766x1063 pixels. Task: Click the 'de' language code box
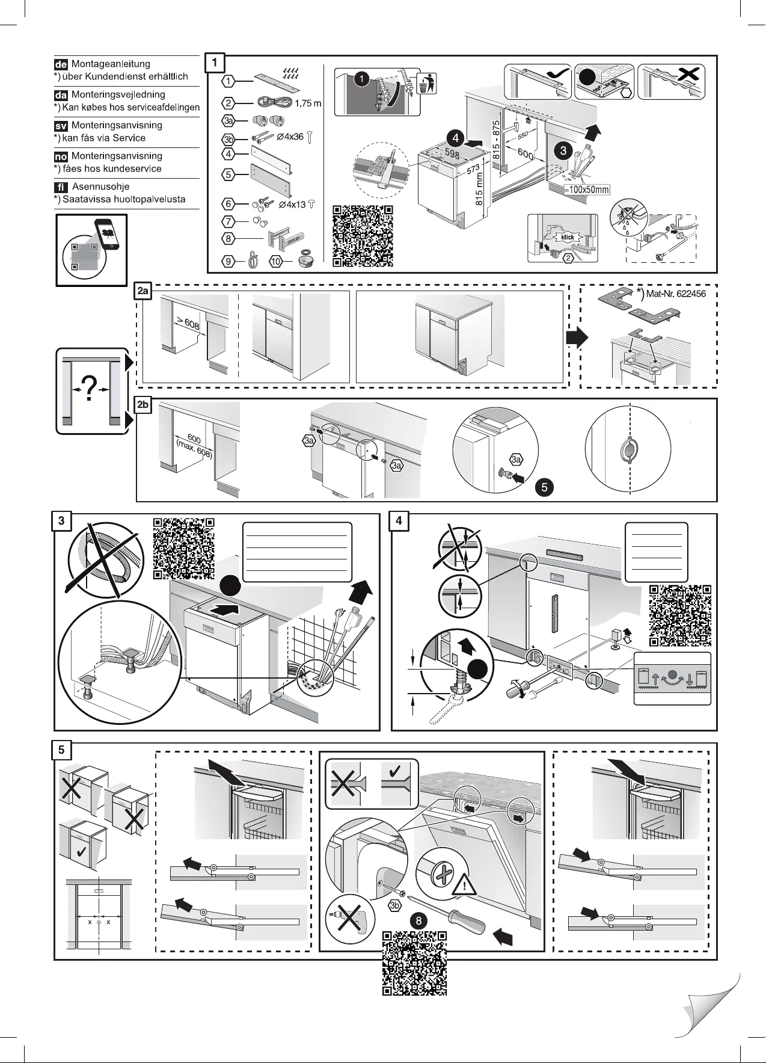point(61,64)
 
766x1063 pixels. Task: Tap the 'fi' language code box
point(61,186)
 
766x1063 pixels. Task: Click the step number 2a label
point(143,292)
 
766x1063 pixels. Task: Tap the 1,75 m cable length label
point(308,103)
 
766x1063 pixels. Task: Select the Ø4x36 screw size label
point(291,137)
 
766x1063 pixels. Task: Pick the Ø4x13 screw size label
point(293,205)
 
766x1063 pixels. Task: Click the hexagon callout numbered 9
point(228,262)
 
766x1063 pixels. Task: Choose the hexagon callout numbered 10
point(275,262)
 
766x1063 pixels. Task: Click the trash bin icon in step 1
point(426,84)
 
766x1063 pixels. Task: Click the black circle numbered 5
point(544,487)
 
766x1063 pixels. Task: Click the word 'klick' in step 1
point(568,237)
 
